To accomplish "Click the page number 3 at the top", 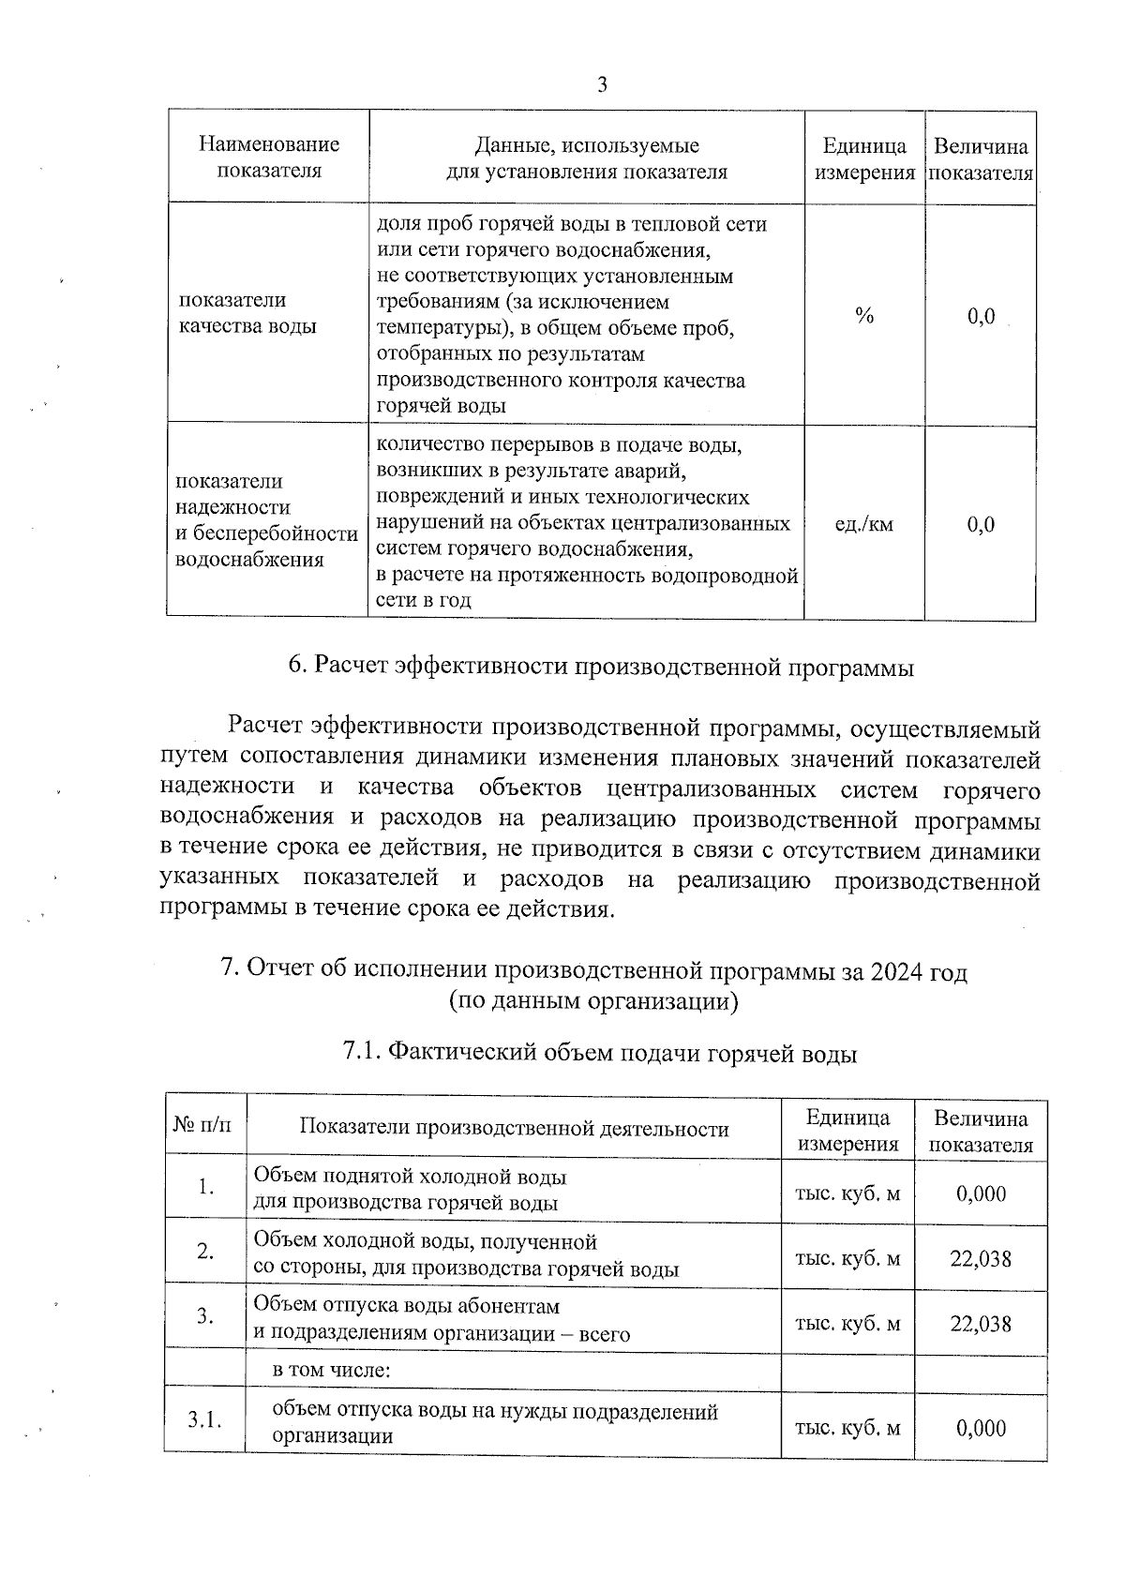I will (602, 85).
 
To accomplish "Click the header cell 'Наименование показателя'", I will (269, 158).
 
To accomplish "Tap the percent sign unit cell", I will (864, 316).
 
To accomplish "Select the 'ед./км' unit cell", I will (864, 524).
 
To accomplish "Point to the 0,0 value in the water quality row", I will (981, 316).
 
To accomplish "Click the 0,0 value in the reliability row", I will (981, 524).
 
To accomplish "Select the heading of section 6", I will (600, 667).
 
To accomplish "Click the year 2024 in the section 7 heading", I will (898, 971).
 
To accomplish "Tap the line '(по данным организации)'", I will (593, 1000).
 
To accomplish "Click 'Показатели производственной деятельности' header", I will (514, 1128).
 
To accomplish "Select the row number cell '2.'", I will (205, 1252).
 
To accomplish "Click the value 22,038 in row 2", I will (981, 1258).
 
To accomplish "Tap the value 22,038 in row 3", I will (981, 1323).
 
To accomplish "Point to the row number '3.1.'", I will (205, 1420).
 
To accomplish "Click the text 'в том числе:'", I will (331, 1370).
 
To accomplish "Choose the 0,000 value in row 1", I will (981, 1193).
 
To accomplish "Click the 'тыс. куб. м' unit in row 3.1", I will (847, 1428).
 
